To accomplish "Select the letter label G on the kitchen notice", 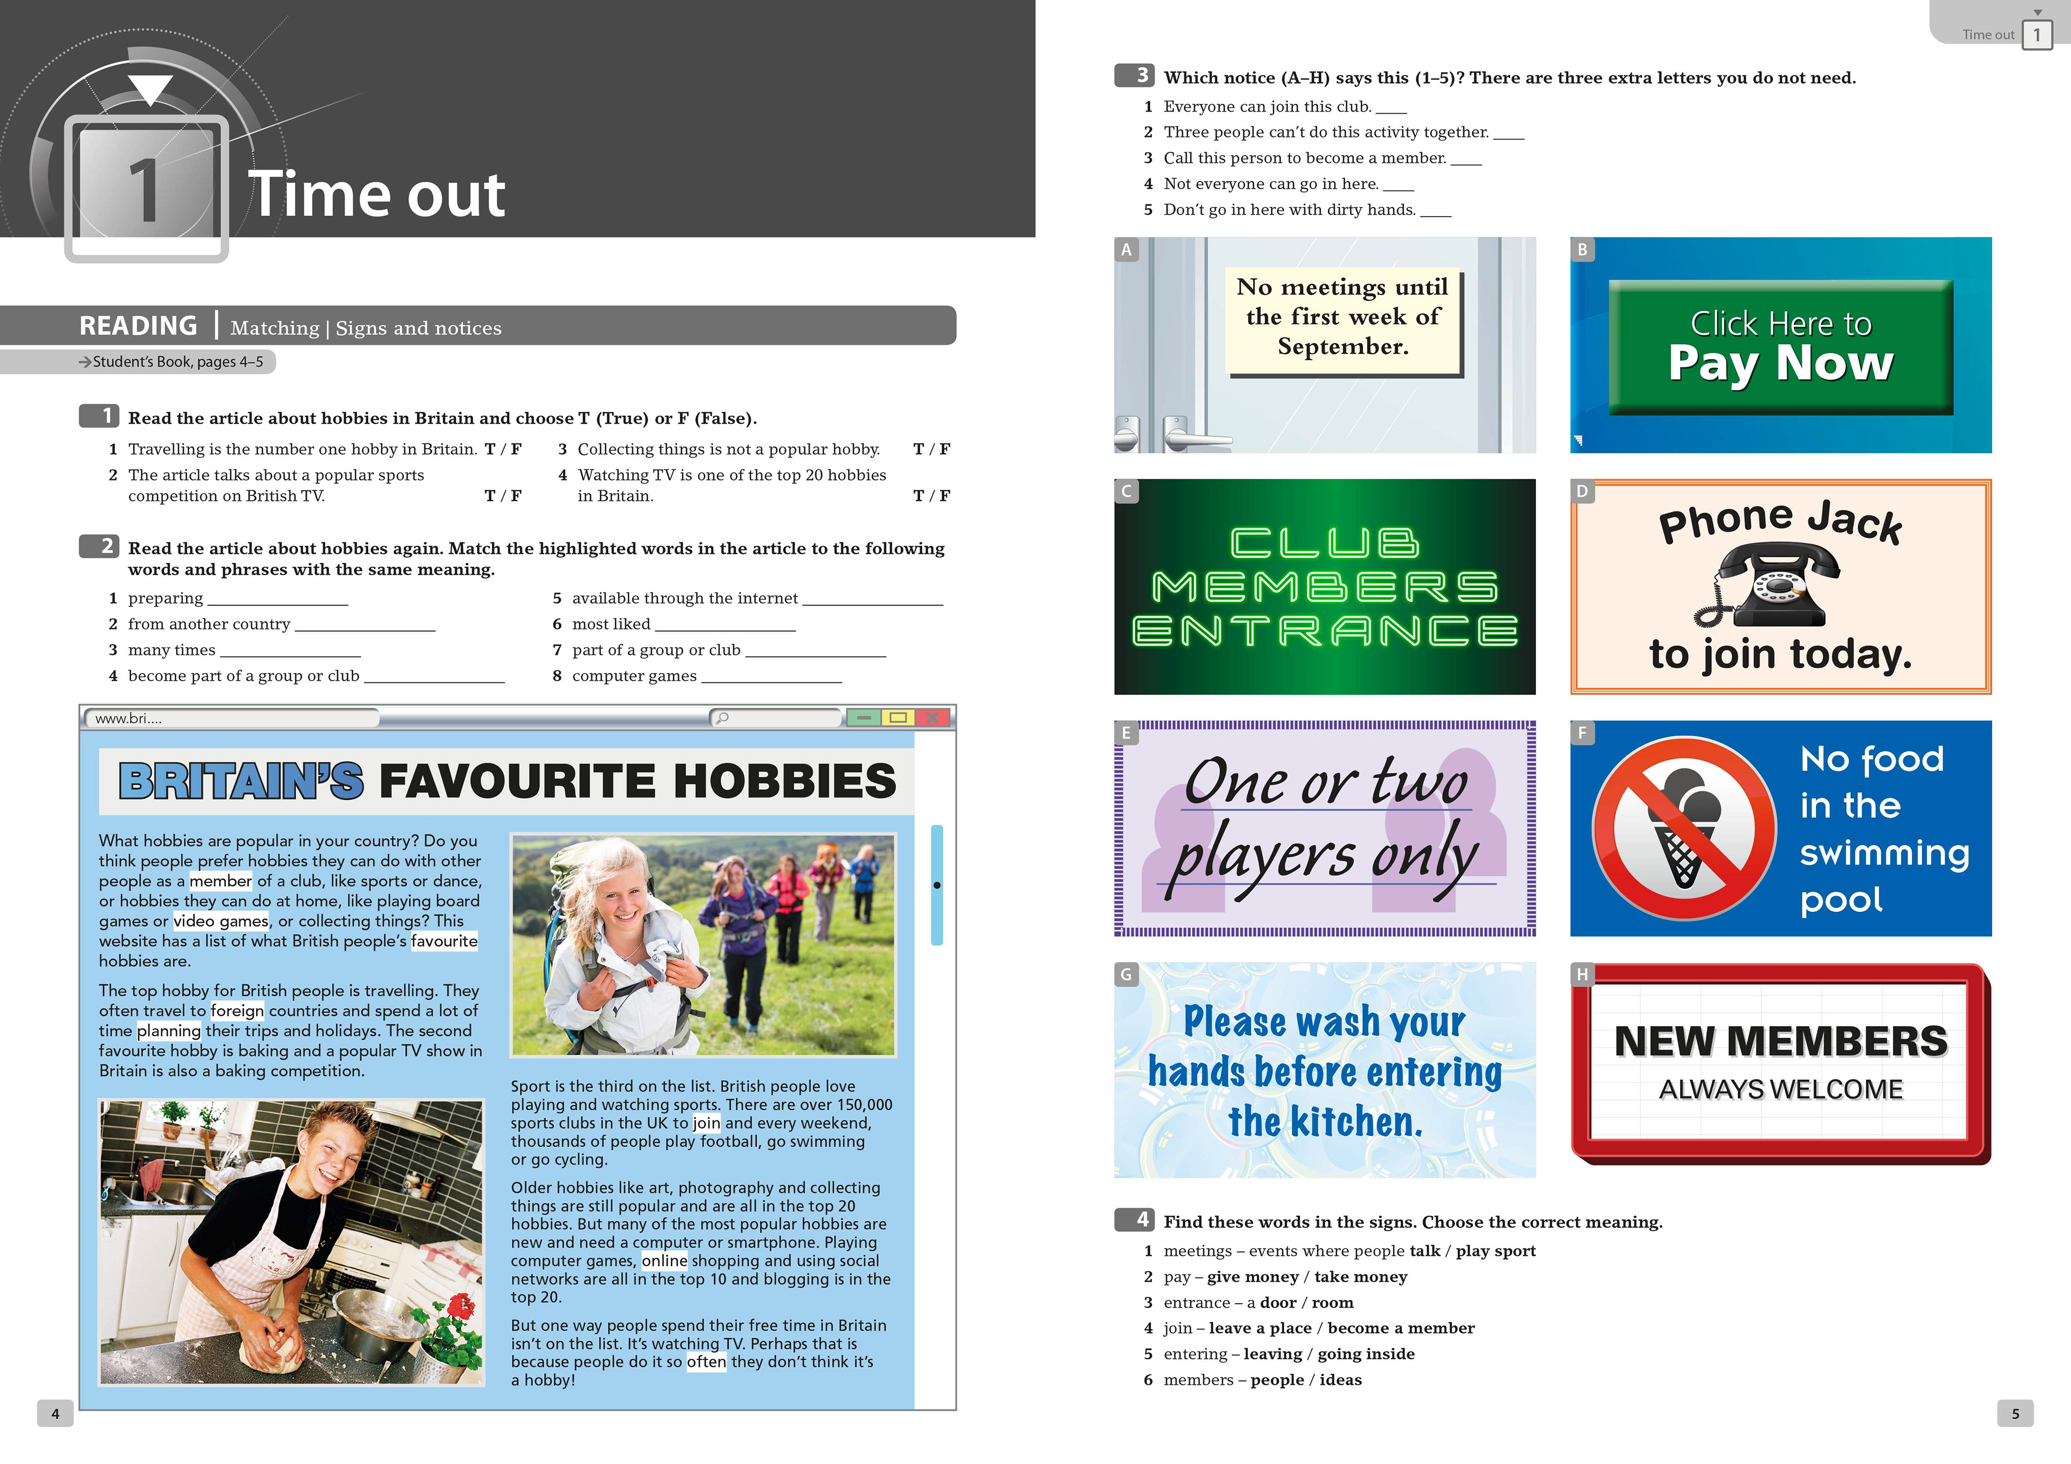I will click(1126, 974).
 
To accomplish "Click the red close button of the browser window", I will click(932, 718).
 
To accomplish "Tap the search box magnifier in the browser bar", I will click(722, 718).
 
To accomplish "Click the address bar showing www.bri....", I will click(230, 718).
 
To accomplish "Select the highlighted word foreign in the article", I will click(237, 1011).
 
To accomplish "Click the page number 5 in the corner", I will click(2015, 1413).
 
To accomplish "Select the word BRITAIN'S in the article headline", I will click(241, 781).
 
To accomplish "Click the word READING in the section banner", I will click(138, 326).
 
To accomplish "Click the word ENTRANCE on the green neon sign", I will click(1325, 631).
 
